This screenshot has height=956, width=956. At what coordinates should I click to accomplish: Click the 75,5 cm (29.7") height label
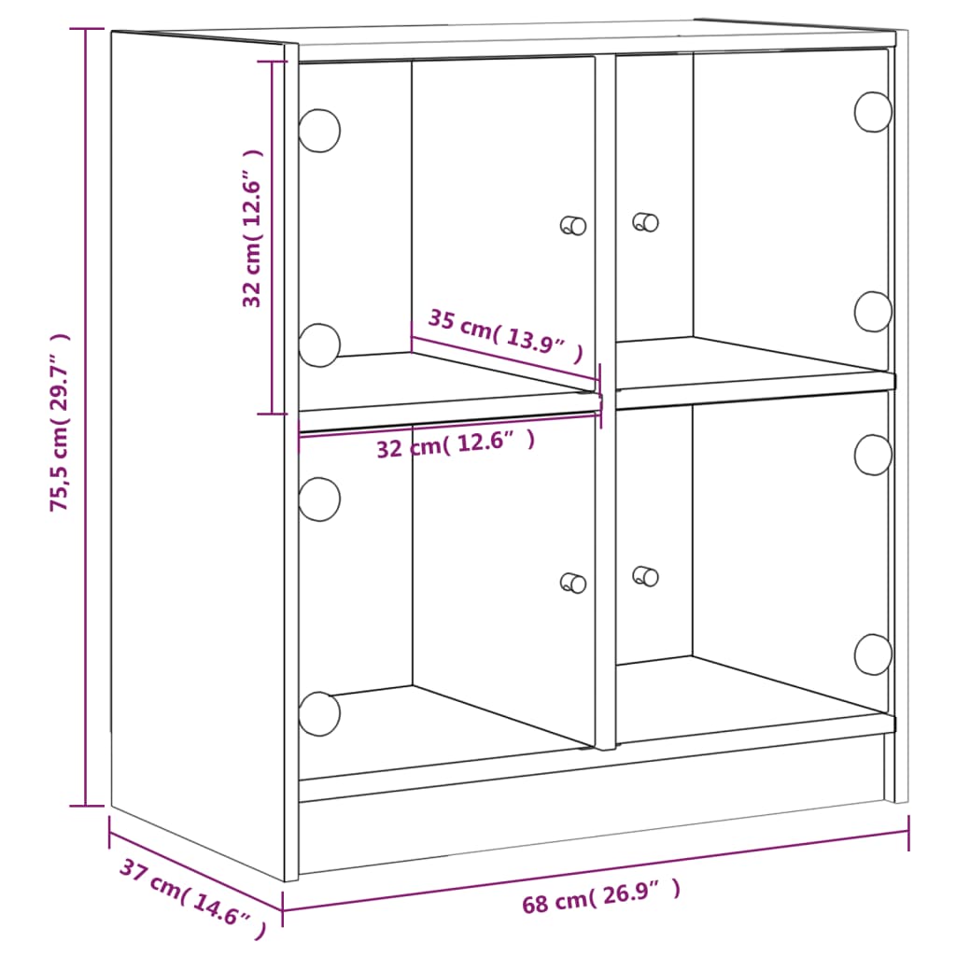click(60, 422)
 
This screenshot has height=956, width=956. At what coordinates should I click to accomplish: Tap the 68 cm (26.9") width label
click(601, 898)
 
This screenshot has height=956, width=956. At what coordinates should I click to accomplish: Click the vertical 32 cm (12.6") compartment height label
click(251, 229)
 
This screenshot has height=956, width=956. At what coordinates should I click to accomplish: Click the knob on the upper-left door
click(573, 225)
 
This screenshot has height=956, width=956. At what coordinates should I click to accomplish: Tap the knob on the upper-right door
click(645, 222)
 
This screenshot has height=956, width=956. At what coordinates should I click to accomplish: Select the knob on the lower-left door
click(573, 583)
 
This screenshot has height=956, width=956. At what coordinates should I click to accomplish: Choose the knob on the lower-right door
click(645, 576)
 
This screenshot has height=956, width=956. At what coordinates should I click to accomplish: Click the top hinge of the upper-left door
click(319, 130)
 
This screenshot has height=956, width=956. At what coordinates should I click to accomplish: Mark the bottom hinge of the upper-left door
click(319, 345)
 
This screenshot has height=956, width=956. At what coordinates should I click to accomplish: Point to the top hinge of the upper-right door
click(873, 111)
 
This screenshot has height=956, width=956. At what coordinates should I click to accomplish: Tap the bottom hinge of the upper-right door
click(873, 312)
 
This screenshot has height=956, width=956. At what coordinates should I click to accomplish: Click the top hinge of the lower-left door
click(319, 499)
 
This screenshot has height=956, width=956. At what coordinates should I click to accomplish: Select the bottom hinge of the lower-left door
click(319, 713)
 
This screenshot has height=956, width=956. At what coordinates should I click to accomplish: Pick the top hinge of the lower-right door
click(873, 455)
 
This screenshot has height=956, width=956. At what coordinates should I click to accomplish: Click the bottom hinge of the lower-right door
click(873, 654)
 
